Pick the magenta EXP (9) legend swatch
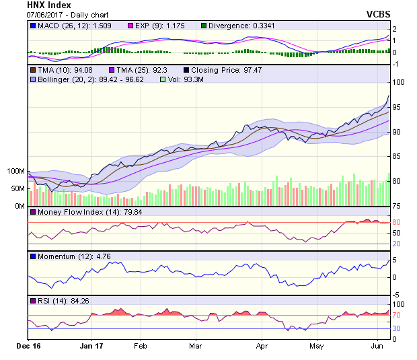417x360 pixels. [132, 26]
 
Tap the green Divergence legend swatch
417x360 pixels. [204, 26]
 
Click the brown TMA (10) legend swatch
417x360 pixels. [32, 69]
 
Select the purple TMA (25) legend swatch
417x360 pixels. [112, 69]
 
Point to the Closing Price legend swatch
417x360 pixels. [186, 69]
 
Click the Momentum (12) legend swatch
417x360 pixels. [32, 256]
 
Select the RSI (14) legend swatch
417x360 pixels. [32, 300]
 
